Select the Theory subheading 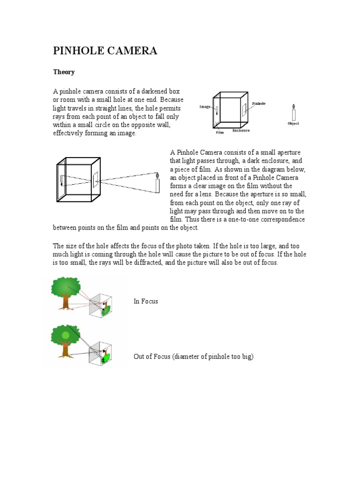point(64,73)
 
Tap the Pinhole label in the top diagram point(259,103)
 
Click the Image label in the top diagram point(205,107)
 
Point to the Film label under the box point(220,133)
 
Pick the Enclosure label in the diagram point(241,131)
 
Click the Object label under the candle point(293,123)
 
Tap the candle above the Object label point(293,112)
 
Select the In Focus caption point(146,301)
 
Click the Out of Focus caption point(193,357)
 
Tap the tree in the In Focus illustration point(66,292)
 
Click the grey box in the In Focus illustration point(102,305)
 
